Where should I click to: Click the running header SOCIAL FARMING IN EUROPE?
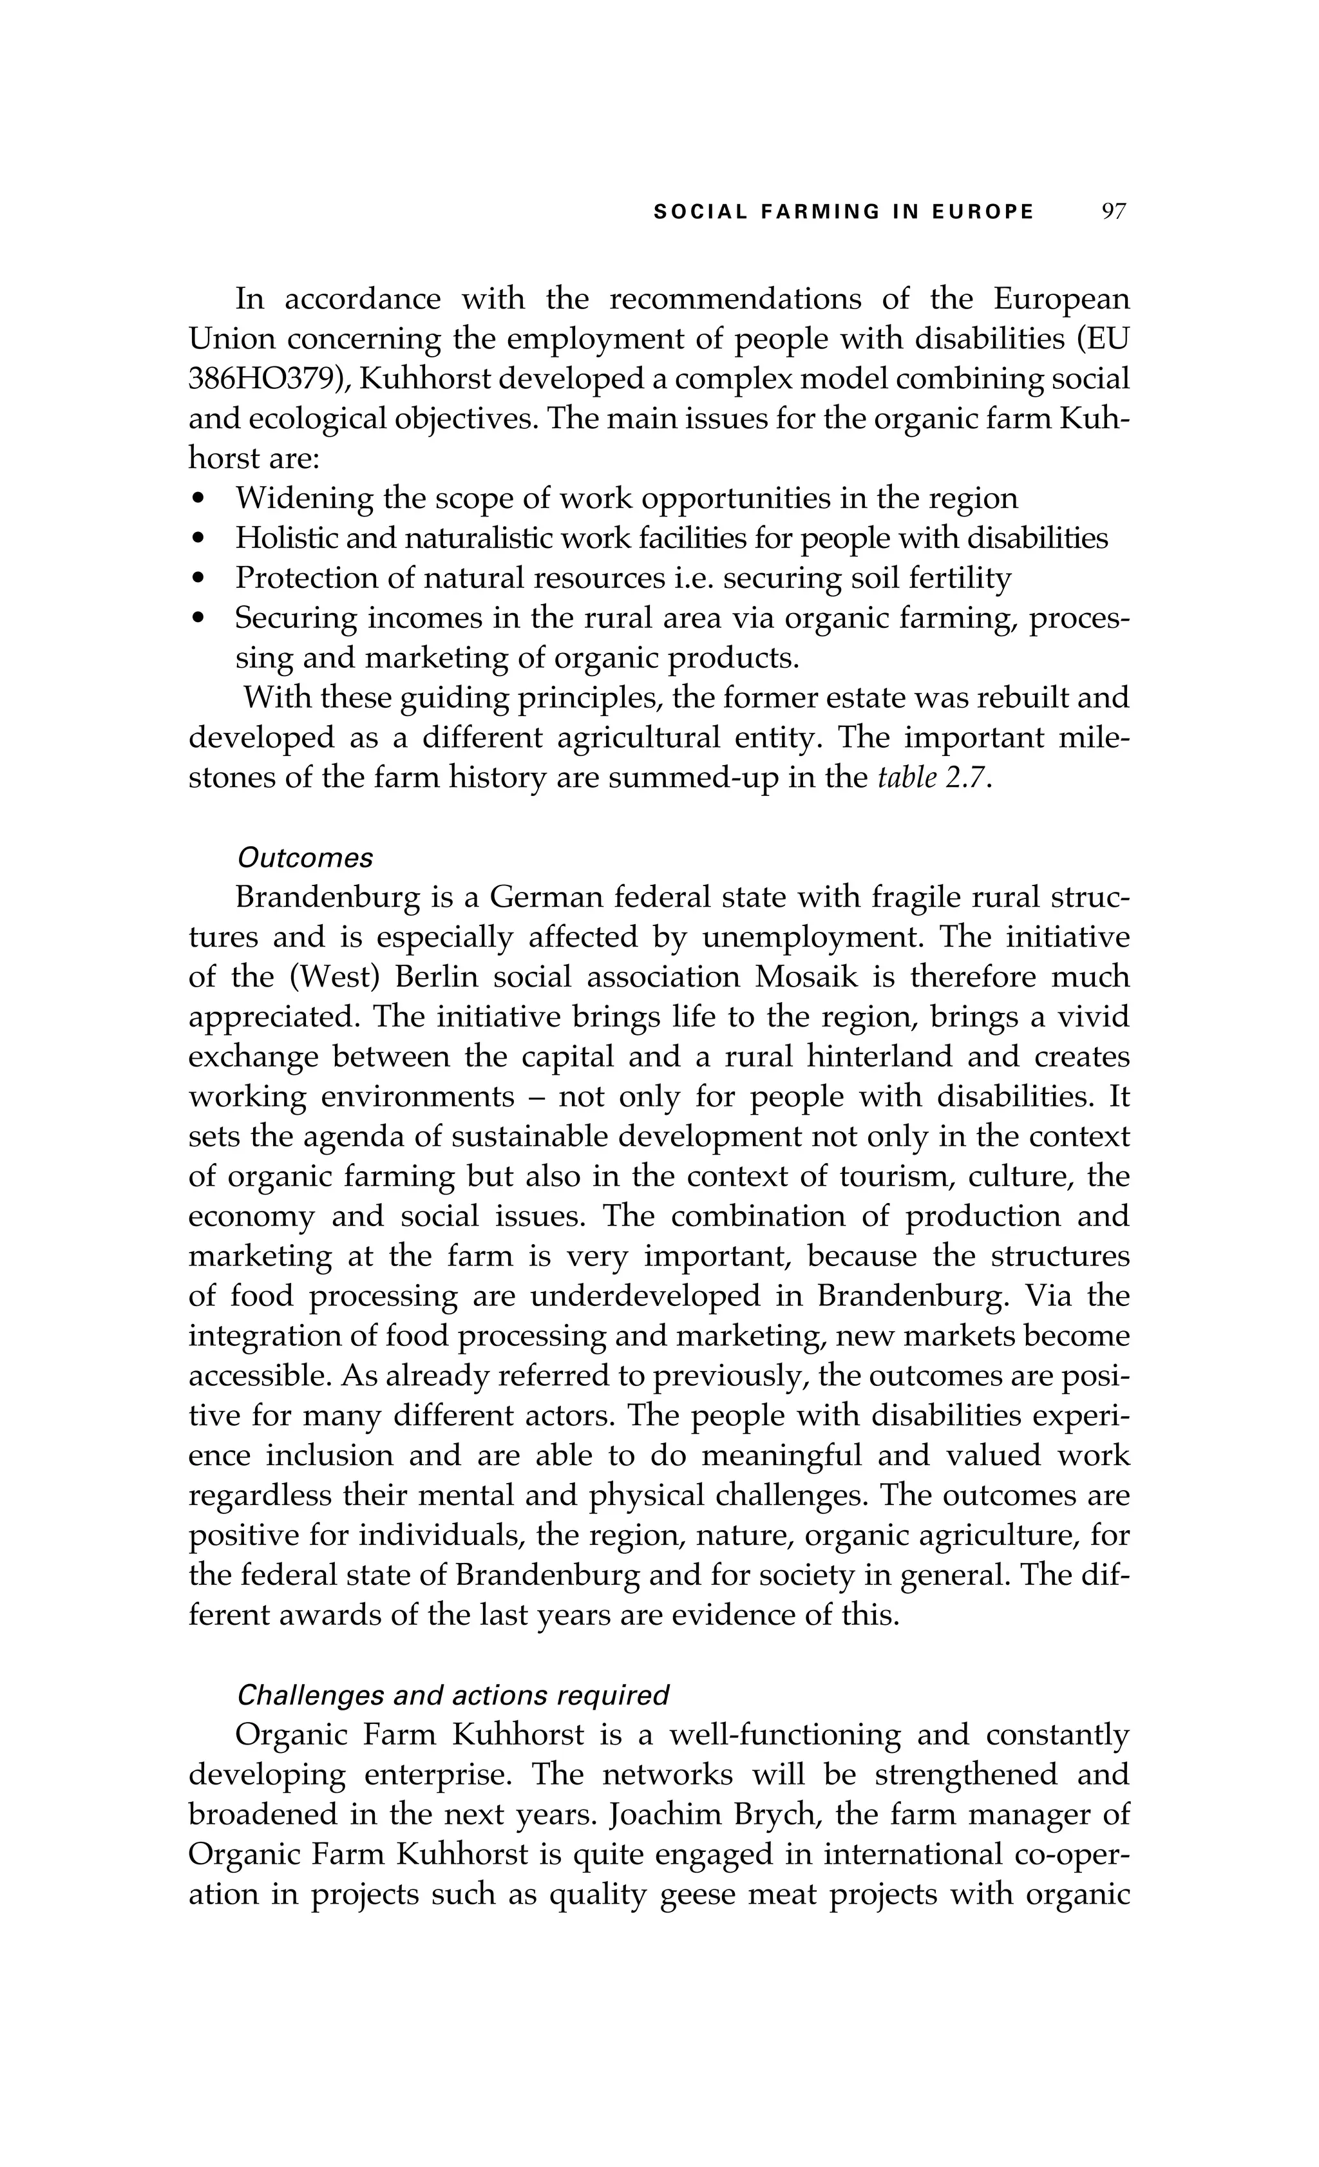point(843,212)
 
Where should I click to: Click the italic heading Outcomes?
point(305,858)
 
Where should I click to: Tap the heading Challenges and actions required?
point(453,1695)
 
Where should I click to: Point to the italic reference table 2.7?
point(935,779)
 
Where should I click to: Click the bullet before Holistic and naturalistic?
point(200,539)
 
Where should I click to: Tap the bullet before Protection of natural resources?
point(200,579)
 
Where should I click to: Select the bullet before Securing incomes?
point(200,619)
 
